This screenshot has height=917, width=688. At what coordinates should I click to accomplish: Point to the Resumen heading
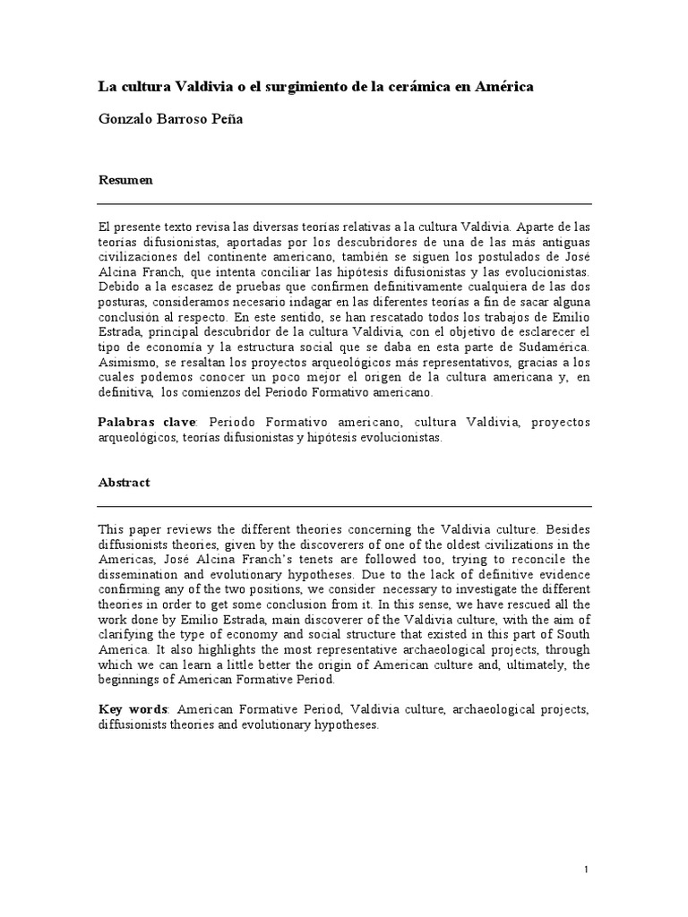pyautogui.click(x=125, y=179)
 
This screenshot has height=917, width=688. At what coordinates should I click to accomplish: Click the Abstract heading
pyautogui.click(x=124, y=482)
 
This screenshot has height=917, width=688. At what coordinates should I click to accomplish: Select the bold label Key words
pyautogui.click(x=133, y=709)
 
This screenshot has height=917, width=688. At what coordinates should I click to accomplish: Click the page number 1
pyautogui.click(x=585, y=869)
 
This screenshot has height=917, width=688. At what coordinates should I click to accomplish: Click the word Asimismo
pyautogui.click(x=126, y=362)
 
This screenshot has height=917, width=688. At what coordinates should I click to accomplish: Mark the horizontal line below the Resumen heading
pyautogui.click(x=344, y=204)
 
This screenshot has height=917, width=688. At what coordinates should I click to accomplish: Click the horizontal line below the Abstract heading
pyautogui.click(x=344, y=507)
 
